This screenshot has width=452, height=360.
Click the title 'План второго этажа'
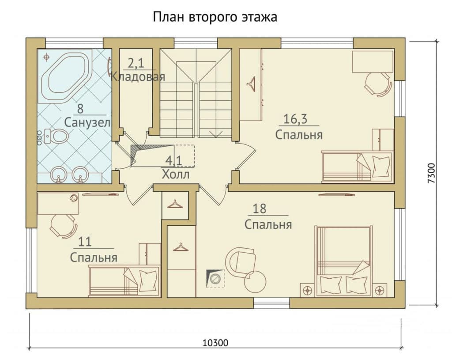click(x=215, y=17)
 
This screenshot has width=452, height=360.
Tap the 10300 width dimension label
click(x=215, y=343)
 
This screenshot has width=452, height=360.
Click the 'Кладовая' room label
click(x=138, y=77)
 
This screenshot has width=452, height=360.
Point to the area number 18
click(x=259, y=208)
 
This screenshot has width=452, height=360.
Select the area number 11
click(x=85, y=242)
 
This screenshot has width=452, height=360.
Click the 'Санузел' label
click(x=87, y=123)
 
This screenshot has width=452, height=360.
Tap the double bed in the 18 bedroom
click(x=343, y=261)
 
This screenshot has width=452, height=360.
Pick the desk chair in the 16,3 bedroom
click(x=378, y=84)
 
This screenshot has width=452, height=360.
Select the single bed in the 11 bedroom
click(x=124, y=281)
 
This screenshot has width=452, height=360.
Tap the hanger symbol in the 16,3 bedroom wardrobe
click(x=251, y=84)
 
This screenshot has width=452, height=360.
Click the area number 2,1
click(x=136, y=64)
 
